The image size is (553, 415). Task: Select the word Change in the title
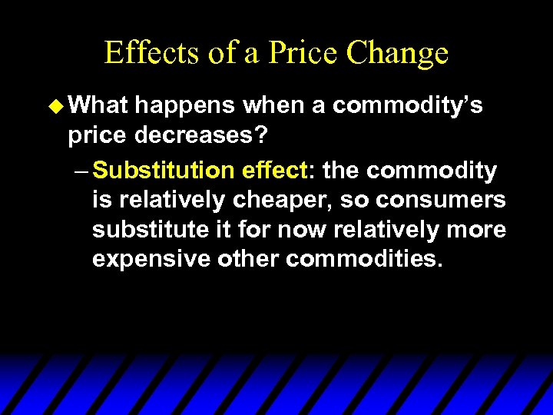(x=397, y=52)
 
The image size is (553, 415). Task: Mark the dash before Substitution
(x=82, y=169)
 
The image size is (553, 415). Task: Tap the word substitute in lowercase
(x=152, y=229)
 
